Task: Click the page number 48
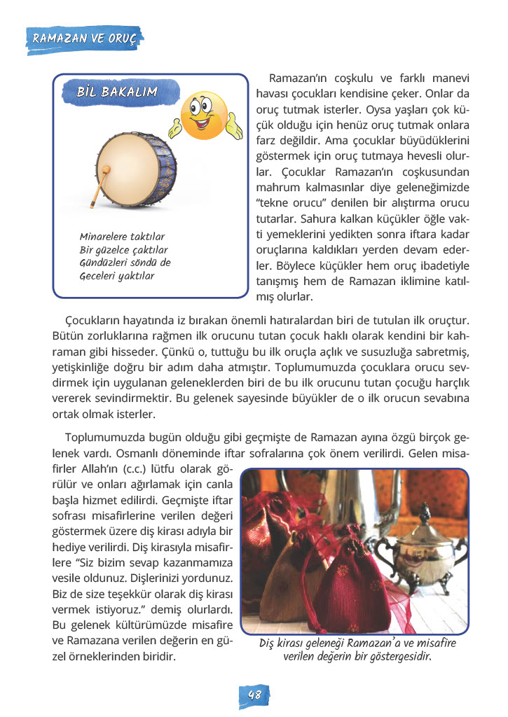[254, 695]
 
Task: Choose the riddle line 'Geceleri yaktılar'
[116, 276]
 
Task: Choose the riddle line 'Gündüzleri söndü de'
[125, 263]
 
